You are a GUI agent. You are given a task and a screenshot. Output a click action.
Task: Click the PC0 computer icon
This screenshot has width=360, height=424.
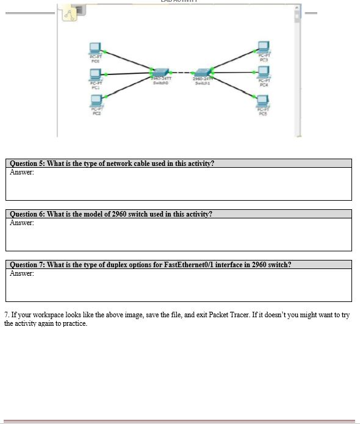click(x=95, y=48)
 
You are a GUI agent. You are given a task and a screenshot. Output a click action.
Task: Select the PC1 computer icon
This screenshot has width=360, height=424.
click(x=95, y=74)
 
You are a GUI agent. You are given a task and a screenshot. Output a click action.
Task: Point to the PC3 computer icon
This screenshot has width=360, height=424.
click(x=263, y=46)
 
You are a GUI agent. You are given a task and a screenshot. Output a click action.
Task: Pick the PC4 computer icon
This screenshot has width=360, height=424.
click(x=263, y=71)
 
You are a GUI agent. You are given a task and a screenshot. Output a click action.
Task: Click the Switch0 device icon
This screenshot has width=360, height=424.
click(x=160, y=73)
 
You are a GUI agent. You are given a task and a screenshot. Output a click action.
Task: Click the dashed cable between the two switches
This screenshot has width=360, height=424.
click(x=181, y=73)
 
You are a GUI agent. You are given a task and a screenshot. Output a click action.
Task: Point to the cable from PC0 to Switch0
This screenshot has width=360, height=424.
click(x=128, y=62)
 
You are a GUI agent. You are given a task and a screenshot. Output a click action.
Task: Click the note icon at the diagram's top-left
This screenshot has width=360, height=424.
click(x=70, y=15)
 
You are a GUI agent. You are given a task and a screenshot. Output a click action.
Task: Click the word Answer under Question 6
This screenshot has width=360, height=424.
click(x=22, y=223)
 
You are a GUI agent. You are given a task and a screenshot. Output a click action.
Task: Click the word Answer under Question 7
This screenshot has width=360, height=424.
click(x=22, y=273)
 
